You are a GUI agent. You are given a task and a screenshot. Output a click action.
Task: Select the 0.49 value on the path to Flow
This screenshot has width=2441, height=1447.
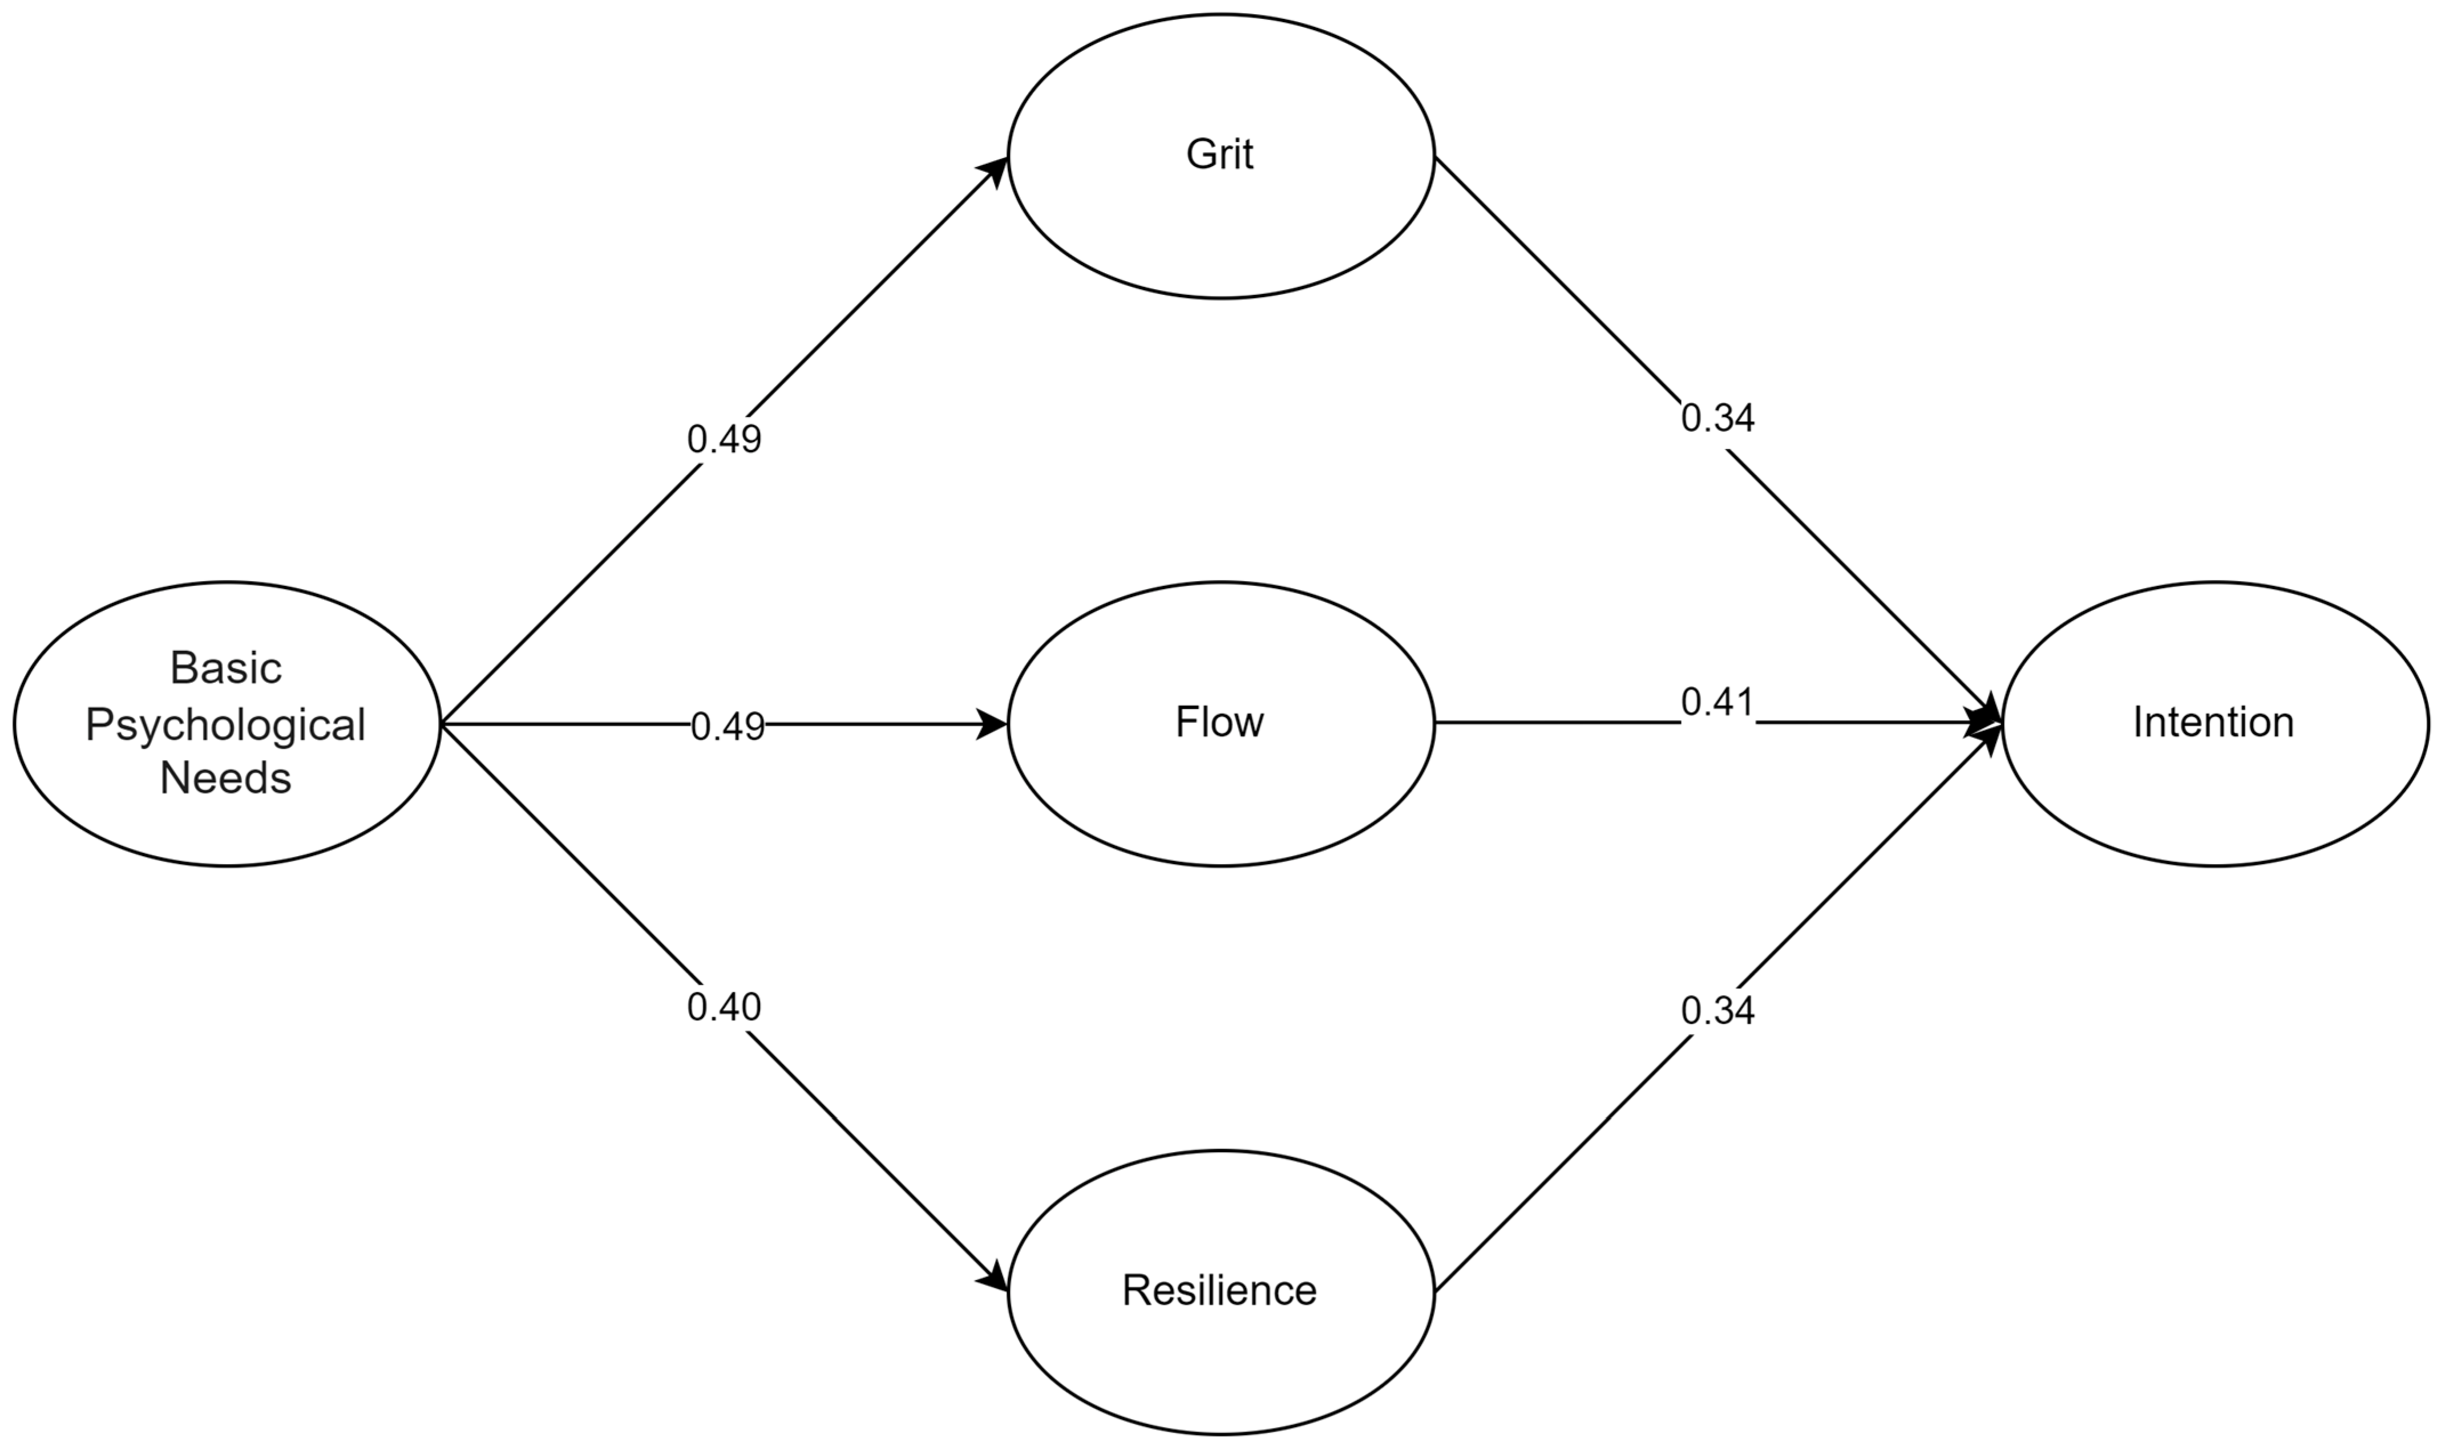(x=728, y=727)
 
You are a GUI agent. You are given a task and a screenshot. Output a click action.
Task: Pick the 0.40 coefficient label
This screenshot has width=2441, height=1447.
(x=724, y=1007)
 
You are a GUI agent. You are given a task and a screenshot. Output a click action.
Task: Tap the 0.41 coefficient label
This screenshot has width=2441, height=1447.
(x=1717, y=702)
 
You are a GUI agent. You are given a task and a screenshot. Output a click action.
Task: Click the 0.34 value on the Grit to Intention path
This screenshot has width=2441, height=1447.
(x=1717, y=418)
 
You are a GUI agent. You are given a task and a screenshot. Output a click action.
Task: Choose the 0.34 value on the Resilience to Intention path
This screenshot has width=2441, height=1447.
(x=1717, y=1011)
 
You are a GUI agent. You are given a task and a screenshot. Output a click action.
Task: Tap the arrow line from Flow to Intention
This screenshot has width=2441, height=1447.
(x=1561, y=723)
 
